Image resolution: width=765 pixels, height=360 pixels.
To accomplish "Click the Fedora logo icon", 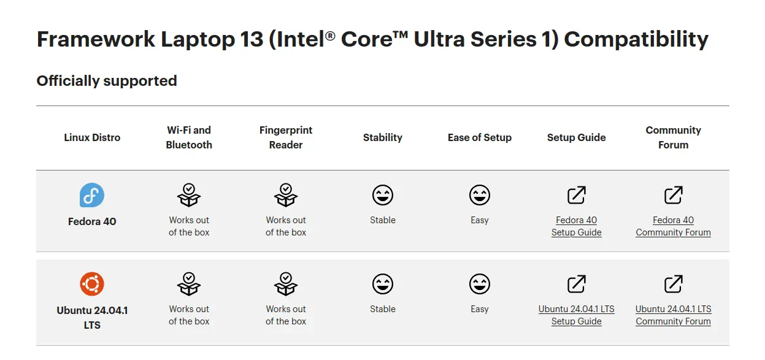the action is click(92, 195).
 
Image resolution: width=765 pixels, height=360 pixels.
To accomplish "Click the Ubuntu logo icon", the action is click(92, 284).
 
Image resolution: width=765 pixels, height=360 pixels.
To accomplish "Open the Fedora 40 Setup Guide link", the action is click(577, 226).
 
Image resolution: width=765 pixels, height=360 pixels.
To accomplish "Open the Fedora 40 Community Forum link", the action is click(673, 226).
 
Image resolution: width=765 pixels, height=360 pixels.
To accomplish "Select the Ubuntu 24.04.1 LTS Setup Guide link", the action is click(577, 315).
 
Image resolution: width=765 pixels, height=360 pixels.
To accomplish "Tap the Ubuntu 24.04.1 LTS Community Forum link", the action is click(673, 315).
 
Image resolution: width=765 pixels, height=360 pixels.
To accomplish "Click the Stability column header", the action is click(383, 137).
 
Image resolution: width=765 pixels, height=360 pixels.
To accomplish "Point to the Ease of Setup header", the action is click(480, 137).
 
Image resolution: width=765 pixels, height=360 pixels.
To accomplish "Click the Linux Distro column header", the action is click(92, 137).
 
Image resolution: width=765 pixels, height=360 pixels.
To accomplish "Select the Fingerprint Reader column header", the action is click(286, 137).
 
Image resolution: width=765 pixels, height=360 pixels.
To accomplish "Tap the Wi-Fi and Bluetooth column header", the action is click(189, 137).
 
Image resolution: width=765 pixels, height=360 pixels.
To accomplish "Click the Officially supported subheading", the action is click(107, 81).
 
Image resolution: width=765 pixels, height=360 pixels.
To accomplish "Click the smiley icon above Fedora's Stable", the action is click(383, 195).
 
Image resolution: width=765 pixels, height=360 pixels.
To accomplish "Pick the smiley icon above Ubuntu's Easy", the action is click(480, 284).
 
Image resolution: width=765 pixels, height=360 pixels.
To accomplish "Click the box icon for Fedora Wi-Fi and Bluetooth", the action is click(189, 195).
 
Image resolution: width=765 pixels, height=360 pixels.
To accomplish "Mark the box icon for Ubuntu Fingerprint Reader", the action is click(286, 284).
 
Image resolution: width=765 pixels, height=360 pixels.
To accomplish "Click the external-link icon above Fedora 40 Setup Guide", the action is click(577, 195).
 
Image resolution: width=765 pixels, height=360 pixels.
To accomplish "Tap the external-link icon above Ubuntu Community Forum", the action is click(673, 284).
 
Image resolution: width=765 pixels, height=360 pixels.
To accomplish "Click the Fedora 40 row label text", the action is click(92, 221).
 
